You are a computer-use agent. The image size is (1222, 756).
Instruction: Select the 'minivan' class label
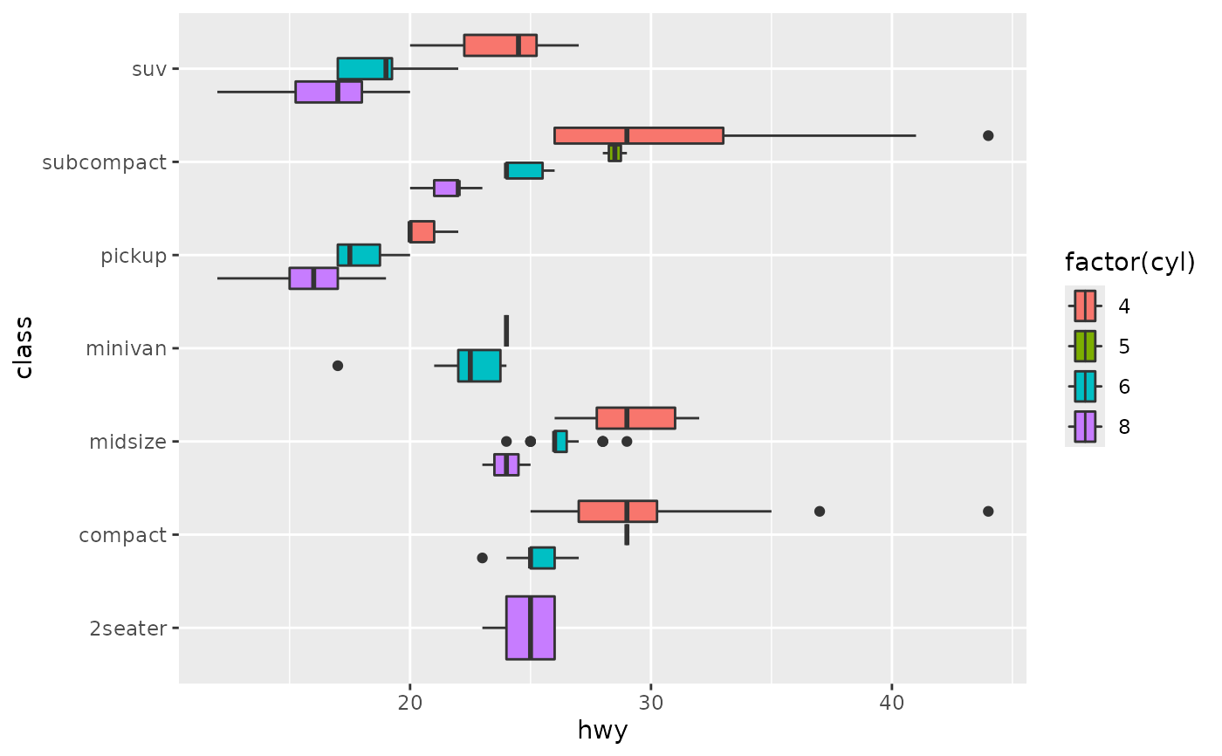(126, 348)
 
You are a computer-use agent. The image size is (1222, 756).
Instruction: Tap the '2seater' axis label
(127, 628)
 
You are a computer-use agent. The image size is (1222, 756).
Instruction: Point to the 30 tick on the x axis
(650, 699)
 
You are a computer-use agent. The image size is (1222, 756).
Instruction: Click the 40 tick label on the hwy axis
(891, 699)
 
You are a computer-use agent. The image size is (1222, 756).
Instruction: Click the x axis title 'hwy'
(602, 731)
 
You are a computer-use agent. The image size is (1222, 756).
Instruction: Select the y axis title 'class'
(24, 347)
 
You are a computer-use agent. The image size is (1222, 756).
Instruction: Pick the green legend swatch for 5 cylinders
(1085, 347)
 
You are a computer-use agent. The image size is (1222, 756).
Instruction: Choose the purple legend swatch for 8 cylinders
(1085, 427)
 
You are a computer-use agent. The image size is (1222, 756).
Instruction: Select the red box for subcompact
(638, 135)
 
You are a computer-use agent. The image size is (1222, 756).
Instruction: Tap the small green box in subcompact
(614, 153)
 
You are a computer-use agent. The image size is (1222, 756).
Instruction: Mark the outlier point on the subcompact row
(988, 135)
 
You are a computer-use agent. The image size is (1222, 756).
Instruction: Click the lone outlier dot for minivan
(338, 365)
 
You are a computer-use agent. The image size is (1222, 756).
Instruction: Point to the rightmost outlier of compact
(988, 511)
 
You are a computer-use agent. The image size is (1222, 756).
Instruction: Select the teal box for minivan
(479, 365)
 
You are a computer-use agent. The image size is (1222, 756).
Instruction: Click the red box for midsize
(635, 418)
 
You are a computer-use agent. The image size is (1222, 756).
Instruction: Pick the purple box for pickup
(313, 278)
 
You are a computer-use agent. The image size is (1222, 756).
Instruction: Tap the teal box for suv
(365, 68)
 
